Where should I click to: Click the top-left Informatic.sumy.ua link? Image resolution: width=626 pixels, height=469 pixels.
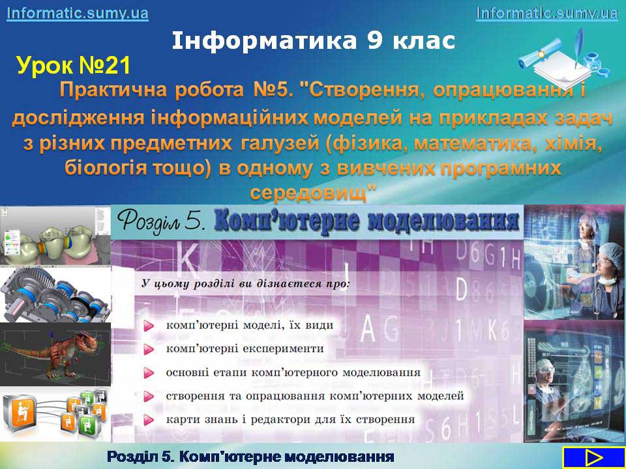78,13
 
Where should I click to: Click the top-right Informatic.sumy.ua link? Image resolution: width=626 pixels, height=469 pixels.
547,13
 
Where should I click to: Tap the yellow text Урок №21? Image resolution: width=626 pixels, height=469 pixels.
74,66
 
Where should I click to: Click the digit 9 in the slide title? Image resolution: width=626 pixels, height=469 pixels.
375,40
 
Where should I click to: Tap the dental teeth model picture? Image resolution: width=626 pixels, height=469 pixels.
55,235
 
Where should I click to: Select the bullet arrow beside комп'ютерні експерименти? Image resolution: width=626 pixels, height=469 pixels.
149,350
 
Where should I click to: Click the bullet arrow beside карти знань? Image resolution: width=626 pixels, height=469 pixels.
149,419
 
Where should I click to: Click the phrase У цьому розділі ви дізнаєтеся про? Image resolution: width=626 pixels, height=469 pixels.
246,285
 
